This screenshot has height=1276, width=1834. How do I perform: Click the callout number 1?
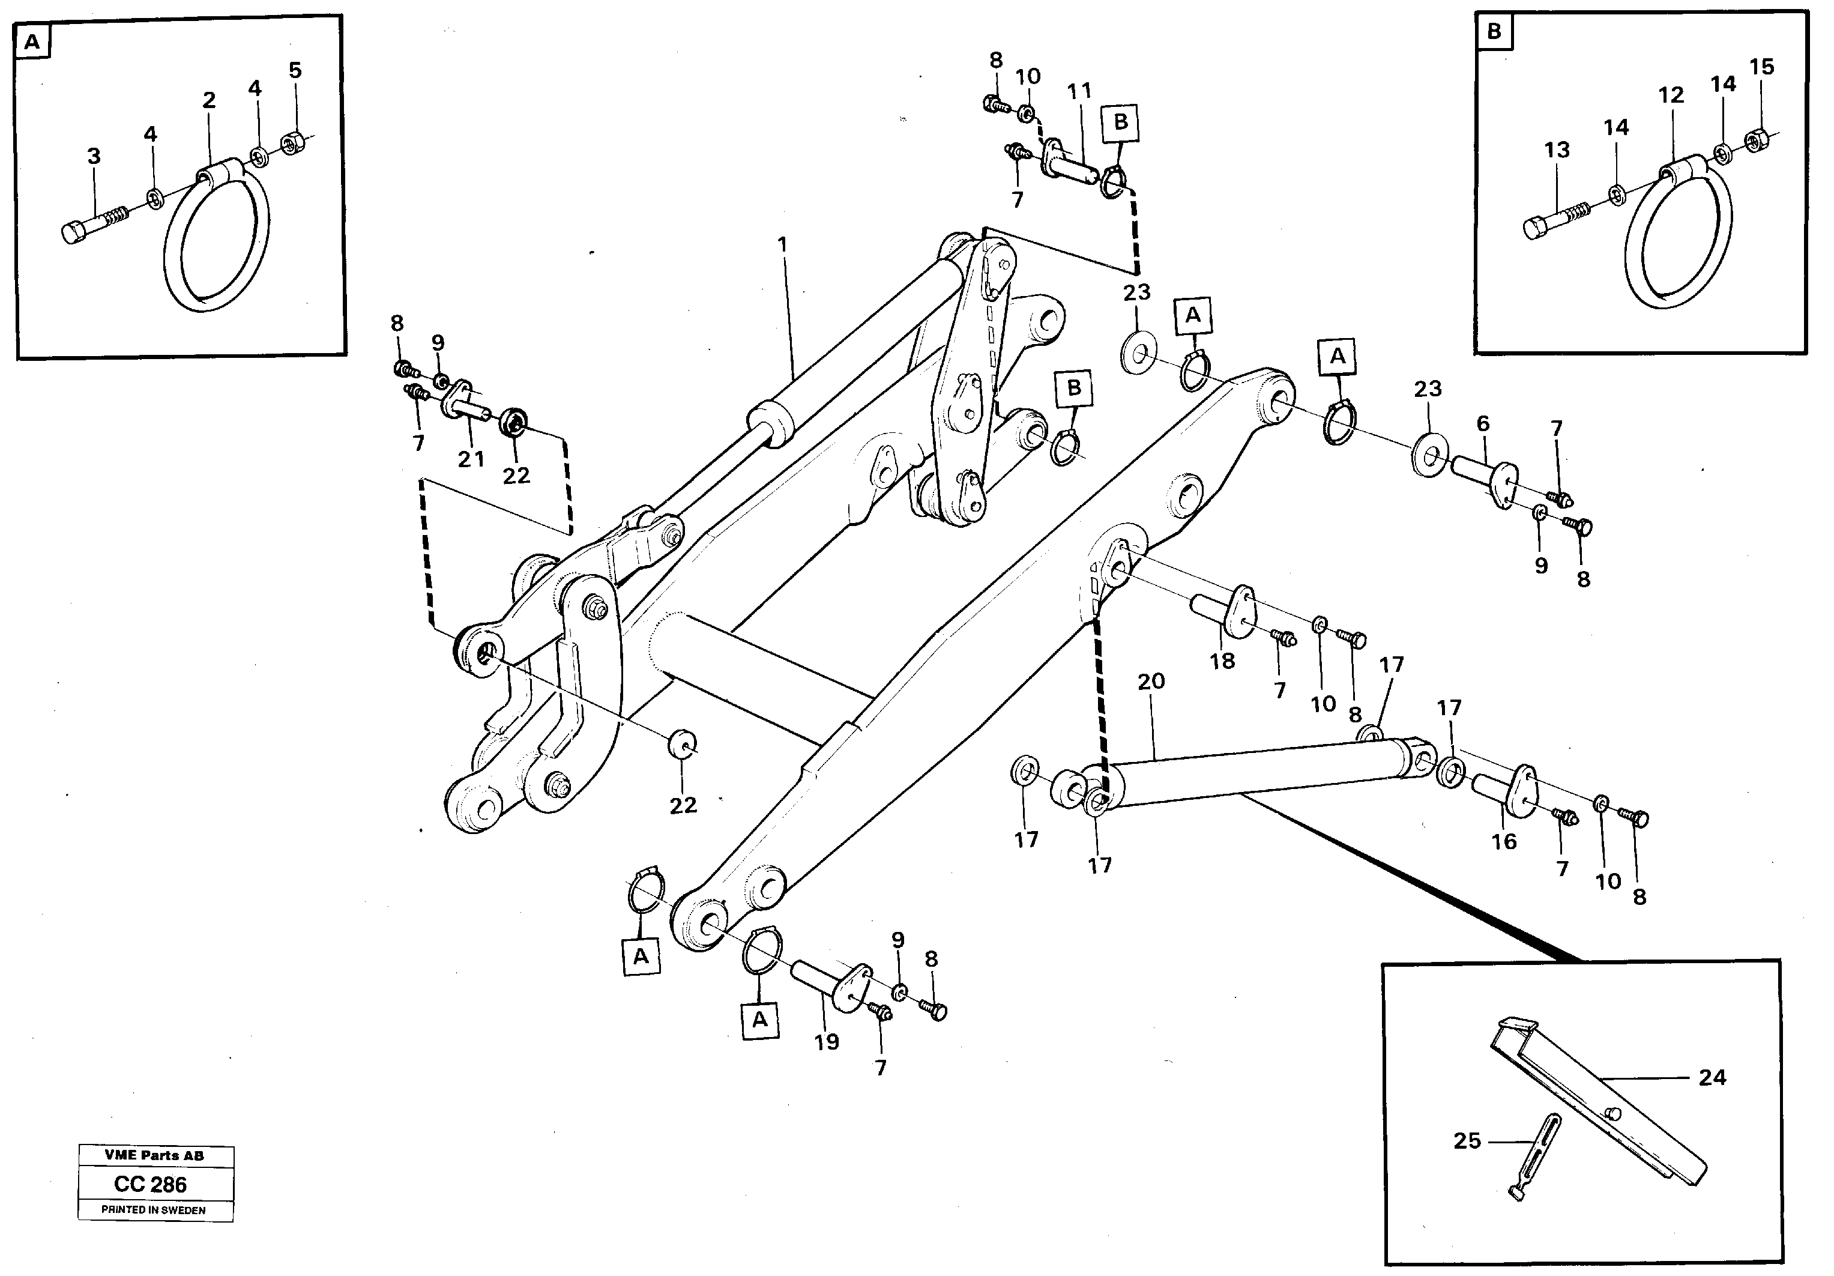(782, 244)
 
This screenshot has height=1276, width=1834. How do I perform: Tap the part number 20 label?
(1151, 682)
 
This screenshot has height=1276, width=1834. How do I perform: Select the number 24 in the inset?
(1712, 1078)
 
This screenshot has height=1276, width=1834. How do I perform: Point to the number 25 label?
(1467, 1141)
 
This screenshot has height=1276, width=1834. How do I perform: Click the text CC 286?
(150, 1184)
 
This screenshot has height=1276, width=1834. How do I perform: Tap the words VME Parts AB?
(154, 1155)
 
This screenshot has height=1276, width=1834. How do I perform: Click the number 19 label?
(827, 1042)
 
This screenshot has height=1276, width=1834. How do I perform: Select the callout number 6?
(1483, 423)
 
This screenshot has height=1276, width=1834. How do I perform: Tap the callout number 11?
(1079, 91)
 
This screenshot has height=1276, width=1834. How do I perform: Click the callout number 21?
(471, 459)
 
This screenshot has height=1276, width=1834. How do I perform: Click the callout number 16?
(1504, 841)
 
